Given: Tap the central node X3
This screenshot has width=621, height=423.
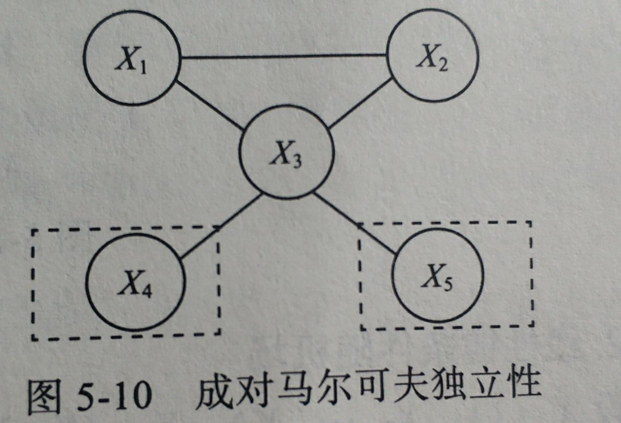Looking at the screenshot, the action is point(287,155).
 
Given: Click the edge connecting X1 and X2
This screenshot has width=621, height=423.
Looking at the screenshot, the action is point(283,56).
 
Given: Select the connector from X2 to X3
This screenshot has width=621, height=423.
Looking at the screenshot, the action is point(360,104).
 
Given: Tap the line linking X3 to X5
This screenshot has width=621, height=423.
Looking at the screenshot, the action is point(355,224).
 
